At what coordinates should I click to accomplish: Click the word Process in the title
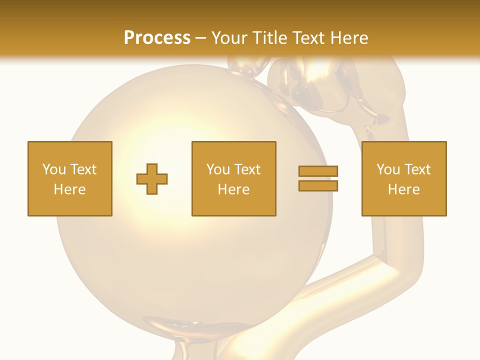tap(157, 38)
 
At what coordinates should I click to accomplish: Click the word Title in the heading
tap(270, 38)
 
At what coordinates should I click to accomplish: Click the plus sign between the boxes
tap(152, 179)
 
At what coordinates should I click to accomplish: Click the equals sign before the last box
tap(318, 178)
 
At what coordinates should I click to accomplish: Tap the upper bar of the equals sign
tap(318, 171)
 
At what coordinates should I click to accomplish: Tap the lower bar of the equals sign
tap(318, 186)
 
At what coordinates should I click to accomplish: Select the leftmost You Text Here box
tap(70, 178)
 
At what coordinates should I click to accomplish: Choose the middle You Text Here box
tap(233, 178)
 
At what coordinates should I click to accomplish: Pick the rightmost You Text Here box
tap(403, 178)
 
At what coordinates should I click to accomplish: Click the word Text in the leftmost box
tap(83, 169)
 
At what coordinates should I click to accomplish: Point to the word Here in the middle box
tap(233, 189)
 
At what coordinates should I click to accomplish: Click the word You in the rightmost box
tap(388, 169)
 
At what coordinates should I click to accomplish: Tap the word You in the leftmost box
tap(54, 169)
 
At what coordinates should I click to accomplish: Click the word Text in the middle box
tap(247, 169)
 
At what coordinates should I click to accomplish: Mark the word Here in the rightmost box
tap(403, 189)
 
